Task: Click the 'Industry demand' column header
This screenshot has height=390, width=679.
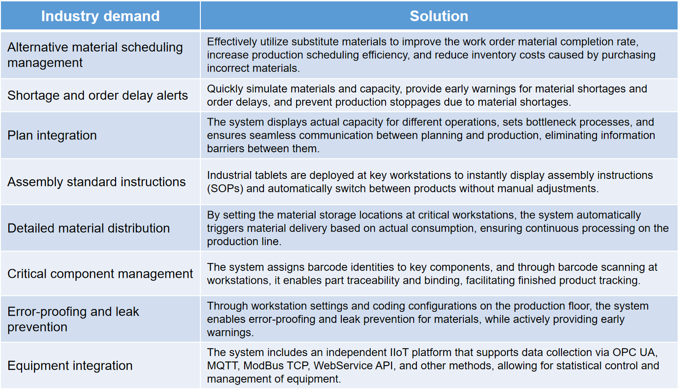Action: tap(100, 16)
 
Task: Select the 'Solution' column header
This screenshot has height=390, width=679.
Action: tap(439, 16)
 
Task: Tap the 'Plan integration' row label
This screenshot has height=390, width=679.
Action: tap(52, 135)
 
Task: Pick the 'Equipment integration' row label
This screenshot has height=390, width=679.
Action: tap(70, 366)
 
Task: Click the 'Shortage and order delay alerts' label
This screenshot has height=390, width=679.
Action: tap(98, 95)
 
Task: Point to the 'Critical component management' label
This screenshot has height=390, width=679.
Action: tap(100, 274)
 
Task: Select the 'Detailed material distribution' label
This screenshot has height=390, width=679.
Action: tap(88, 228)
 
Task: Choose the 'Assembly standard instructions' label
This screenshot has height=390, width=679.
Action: tap(96, 182)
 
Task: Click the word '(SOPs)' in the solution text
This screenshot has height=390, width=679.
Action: tap(225, 189)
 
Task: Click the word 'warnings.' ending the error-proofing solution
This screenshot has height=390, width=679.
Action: tap(230, 333)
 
